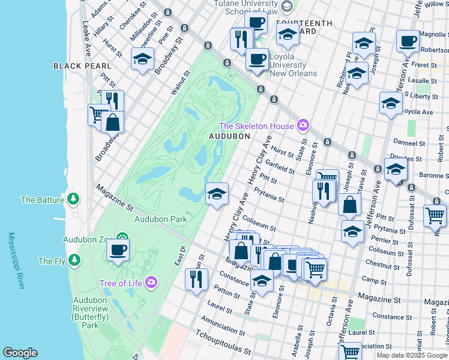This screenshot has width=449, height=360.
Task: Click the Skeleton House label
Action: (256, 126)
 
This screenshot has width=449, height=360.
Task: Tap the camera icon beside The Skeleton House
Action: (303, 125)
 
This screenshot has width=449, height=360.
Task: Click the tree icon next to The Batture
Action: (73, 198)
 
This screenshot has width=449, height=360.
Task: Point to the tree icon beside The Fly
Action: (74, 260)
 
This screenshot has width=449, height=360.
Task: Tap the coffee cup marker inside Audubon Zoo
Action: (118, 248)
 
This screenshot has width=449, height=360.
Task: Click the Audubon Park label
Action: (161, 219)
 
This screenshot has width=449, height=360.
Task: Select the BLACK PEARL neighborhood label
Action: (82, 65)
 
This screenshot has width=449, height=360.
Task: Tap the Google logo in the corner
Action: (20, 353)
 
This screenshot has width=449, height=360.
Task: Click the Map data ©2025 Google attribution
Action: (412, 355)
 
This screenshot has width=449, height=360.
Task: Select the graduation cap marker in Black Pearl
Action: (142, 59)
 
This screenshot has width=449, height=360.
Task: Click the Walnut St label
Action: (180, 83)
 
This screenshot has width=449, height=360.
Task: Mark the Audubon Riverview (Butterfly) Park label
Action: (90, 312)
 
